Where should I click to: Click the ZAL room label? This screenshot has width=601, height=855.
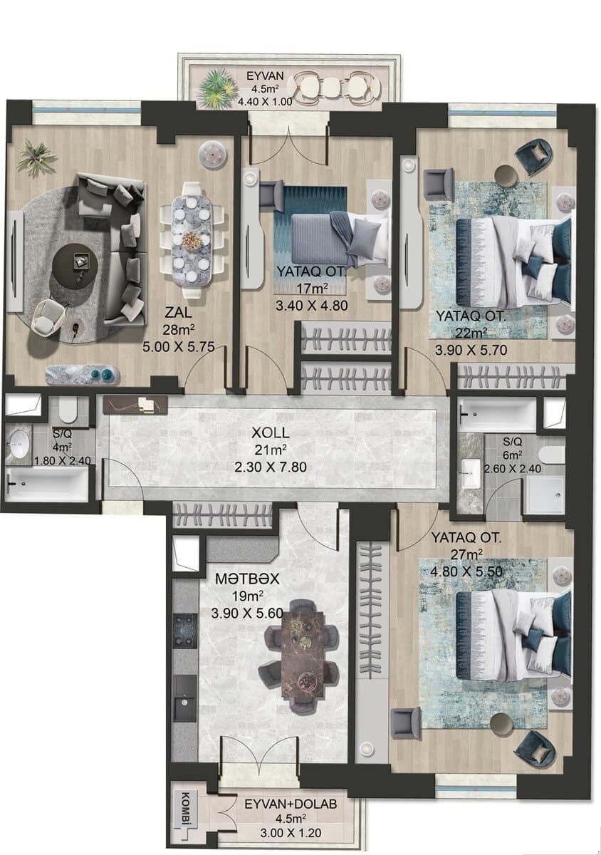(177, 312)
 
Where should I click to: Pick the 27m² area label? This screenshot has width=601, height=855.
(466, 554)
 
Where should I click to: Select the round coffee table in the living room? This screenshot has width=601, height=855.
(75, 265)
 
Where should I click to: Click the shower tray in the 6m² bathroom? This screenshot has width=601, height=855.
(544, 494)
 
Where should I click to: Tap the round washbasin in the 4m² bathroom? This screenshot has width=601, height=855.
(19, 445)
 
